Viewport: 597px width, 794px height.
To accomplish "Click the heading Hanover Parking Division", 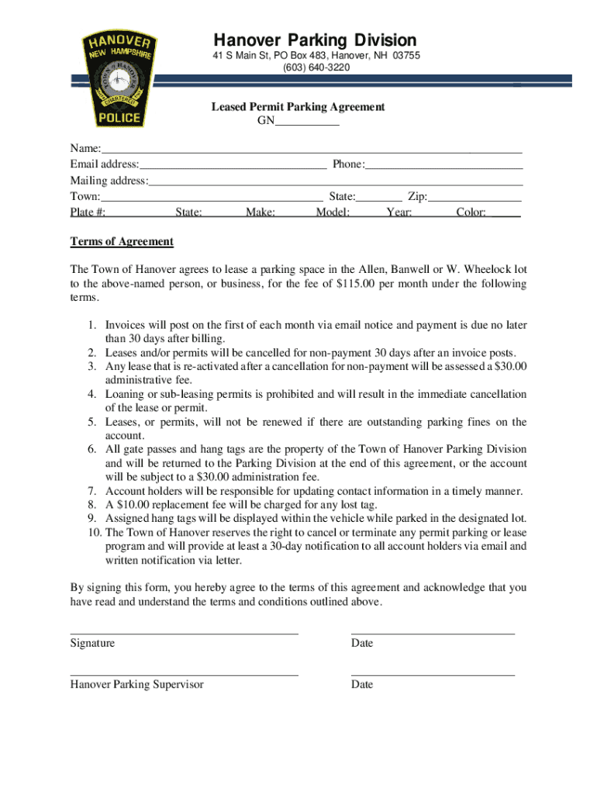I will point(315,40).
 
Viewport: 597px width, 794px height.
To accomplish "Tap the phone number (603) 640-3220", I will point(316,67).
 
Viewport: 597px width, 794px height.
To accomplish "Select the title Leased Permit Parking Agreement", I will point(298,107).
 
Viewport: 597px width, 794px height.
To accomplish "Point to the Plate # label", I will point(88,212).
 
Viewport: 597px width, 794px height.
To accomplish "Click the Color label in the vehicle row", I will point(471,212).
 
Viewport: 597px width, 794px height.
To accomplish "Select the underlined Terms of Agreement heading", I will point(122,242).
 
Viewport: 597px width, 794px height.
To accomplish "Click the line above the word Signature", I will point(184,633).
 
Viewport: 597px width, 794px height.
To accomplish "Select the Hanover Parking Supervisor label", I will point(136,685).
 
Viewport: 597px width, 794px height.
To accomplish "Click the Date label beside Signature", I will point(362,644).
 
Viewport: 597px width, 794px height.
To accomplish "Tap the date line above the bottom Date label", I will point(433,675).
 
